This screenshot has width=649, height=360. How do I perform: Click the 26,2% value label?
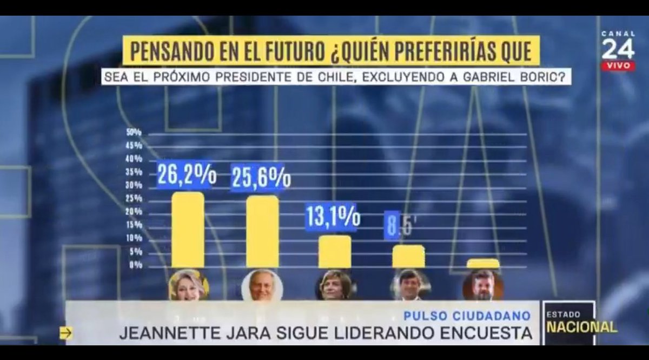point(187,175)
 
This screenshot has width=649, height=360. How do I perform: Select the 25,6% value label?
point(261,177)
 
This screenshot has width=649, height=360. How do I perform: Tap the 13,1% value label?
point(332,217)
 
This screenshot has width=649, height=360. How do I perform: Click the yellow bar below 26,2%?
point(188,230)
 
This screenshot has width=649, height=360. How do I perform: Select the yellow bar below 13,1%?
point(334,252)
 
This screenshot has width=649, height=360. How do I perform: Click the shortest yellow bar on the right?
point(482,264)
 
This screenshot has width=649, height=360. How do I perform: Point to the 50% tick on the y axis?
point(134,132)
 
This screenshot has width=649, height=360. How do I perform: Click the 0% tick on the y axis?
point(135,265)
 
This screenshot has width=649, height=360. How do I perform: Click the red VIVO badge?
point(618,65)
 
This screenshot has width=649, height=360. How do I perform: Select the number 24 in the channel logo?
point(618,50)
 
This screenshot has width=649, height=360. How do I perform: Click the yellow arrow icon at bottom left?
point(66,334)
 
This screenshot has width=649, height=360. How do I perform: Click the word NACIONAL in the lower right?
point(581,327)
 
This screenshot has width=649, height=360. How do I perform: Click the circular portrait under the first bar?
point(188,285)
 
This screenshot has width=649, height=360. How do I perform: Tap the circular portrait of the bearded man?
point(482,285)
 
